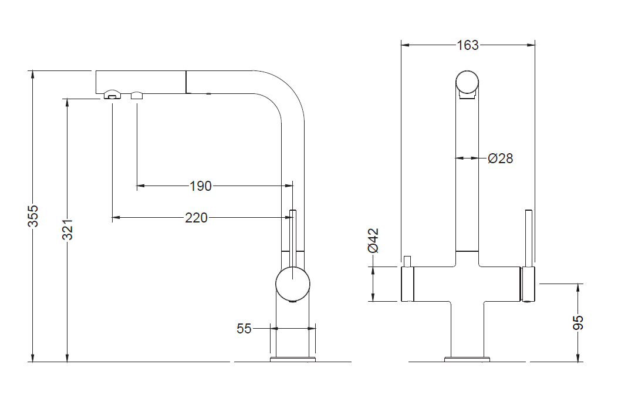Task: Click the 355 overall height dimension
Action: (34, 216)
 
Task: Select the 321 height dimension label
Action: (68, 230)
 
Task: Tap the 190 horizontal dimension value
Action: (201, 186)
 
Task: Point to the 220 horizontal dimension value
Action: (196, 218)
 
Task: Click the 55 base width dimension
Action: (244, 329)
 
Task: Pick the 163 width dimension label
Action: (468, 45)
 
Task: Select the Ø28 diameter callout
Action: (500, 158)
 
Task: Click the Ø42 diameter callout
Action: (373, 240)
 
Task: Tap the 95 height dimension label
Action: (578, 322)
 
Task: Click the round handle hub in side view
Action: (292, 284)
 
